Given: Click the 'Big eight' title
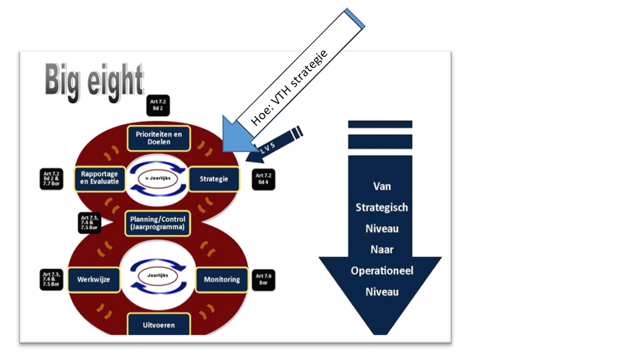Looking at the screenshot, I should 94,81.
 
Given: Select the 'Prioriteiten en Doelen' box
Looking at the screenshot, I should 158,138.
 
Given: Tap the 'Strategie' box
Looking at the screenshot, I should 214,178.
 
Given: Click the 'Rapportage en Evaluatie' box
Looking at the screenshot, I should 98,178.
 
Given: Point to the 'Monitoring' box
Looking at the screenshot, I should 221,279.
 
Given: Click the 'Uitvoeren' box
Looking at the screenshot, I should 158,324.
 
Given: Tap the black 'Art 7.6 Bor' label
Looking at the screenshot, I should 263,279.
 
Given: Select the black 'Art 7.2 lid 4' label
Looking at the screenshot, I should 263,179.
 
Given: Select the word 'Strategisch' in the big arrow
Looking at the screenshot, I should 382,207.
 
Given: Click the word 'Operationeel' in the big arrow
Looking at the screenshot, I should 382,271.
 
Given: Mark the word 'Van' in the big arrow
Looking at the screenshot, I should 382,187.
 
